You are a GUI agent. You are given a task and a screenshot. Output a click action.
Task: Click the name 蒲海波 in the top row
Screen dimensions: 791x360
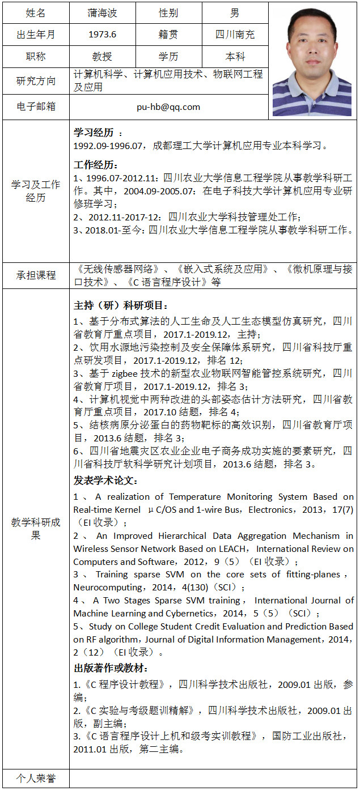(x=102, y=12)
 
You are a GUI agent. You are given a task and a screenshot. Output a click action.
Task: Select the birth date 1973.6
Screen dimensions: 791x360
(x=102, y=35)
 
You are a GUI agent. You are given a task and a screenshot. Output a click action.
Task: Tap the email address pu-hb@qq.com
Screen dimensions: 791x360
(x=168, y=107)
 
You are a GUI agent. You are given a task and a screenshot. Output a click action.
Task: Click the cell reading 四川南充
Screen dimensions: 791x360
(x=235, y=35)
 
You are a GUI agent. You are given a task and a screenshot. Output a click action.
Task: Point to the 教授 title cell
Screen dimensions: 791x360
(x=102, y=57)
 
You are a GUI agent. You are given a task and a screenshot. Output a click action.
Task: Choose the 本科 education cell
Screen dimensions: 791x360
(x=235, y=57)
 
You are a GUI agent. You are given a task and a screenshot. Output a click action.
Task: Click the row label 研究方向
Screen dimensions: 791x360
(x=36, y=81)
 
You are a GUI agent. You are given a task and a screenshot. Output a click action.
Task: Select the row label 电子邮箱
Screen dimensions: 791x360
(x=36, y=107)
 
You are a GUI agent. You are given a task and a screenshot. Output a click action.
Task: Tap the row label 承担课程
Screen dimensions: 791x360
(x=36, y=275)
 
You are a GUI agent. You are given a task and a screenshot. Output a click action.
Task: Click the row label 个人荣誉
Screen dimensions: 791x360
(x=36, y=779)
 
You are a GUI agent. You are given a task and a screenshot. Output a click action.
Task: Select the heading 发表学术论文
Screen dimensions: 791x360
(x=105, y=480)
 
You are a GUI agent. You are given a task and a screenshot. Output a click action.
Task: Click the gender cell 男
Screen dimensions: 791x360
(x=235, y=12)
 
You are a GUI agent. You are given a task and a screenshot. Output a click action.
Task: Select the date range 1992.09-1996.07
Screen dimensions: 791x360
(x=111, y=146)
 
